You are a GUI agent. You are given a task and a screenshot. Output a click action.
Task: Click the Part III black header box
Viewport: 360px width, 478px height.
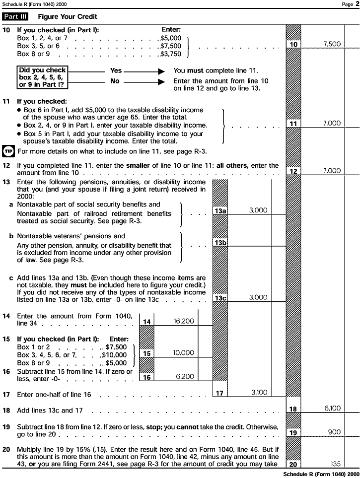click(x=16, y=16)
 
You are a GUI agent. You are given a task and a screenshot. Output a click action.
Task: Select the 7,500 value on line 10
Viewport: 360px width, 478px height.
click(x=332, y=44)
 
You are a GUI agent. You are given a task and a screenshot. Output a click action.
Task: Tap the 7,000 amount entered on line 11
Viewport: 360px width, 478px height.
click(x=332, y=123)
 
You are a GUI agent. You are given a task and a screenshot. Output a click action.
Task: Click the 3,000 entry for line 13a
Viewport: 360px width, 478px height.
click(x=258, y=210)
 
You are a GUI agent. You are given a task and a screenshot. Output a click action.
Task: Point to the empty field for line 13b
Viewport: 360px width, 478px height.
click(x=258, y=242)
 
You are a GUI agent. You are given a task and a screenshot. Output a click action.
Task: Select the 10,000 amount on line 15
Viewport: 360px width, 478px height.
click(x=184, y=353)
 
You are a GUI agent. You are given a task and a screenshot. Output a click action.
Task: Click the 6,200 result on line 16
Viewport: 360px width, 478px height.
click(x=185, y=377)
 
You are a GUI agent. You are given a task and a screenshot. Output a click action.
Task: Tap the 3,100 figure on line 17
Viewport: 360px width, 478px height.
click(x=259, y=393)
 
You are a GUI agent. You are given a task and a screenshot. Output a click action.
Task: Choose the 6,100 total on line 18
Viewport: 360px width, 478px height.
click(x=332, y=409)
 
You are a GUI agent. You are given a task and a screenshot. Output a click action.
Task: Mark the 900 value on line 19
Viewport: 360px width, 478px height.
click(x=334, y=432)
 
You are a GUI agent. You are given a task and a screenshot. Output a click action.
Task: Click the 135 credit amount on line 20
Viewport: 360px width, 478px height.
click(x=335, y=464)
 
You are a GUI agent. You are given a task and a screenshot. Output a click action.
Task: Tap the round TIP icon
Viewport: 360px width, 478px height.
click(x=8, y=150)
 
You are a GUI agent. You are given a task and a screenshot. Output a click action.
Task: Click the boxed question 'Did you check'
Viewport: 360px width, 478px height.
click(x=42, y=77)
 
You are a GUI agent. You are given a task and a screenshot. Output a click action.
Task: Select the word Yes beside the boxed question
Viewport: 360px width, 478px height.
click(x=116, y=70)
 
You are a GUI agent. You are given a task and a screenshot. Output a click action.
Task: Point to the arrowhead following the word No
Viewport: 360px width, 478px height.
click(x=161, y=81)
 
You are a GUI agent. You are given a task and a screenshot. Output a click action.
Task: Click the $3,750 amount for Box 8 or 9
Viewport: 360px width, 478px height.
click(x=171, y=54)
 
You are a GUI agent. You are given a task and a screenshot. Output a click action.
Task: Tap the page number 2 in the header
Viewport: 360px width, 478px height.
click(x=357, y=4)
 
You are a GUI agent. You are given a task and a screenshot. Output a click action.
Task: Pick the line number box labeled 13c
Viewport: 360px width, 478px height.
click(x=220, y=298)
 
